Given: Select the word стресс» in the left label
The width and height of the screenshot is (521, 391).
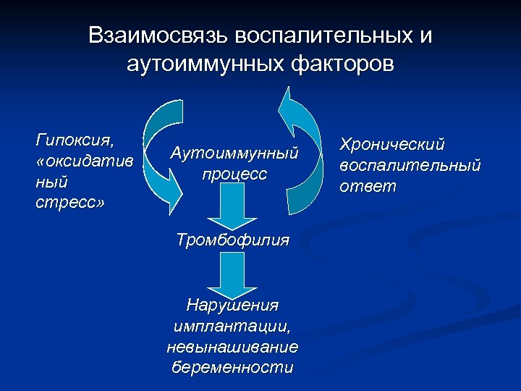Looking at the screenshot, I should [69, 202].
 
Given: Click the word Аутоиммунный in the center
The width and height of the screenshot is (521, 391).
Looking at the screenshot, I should [234, 153].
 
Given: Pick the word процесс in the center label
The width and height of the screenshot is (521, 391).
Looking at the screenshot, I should [234, 175].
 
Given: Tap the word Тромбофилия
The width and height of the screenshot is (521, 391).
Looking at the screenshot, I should [233, 240].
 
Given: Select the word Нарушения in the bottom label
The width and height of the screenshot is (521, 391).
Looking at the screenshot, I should [233, 305].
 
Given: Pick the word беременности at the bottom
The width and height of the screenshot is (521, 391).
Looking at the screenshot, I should [232, 367].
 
